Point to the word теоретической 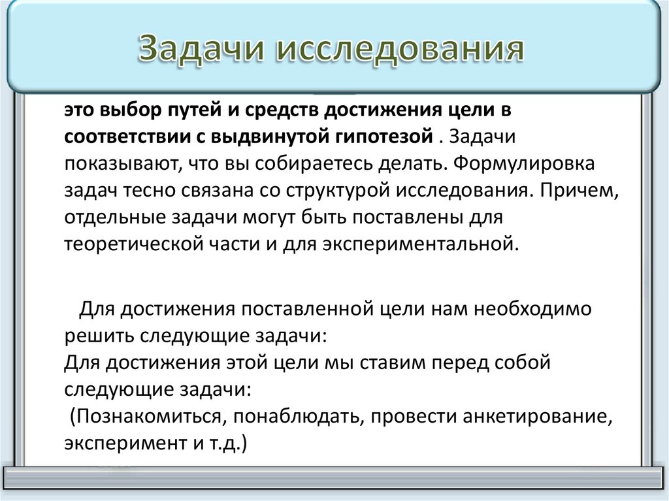(x=122, y=244)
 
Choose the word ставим (x=398, y=363)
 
